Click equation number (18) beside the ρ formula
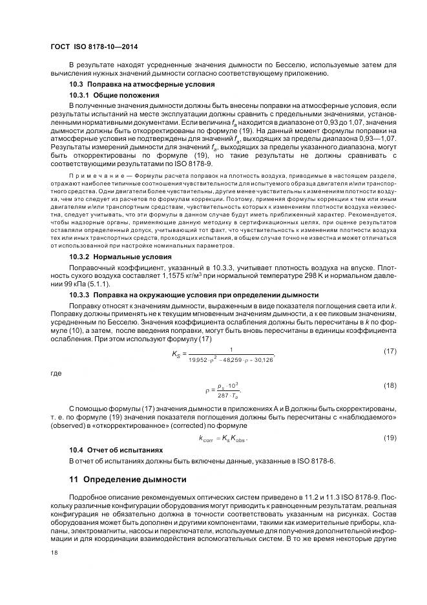(x=390, y=386)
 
